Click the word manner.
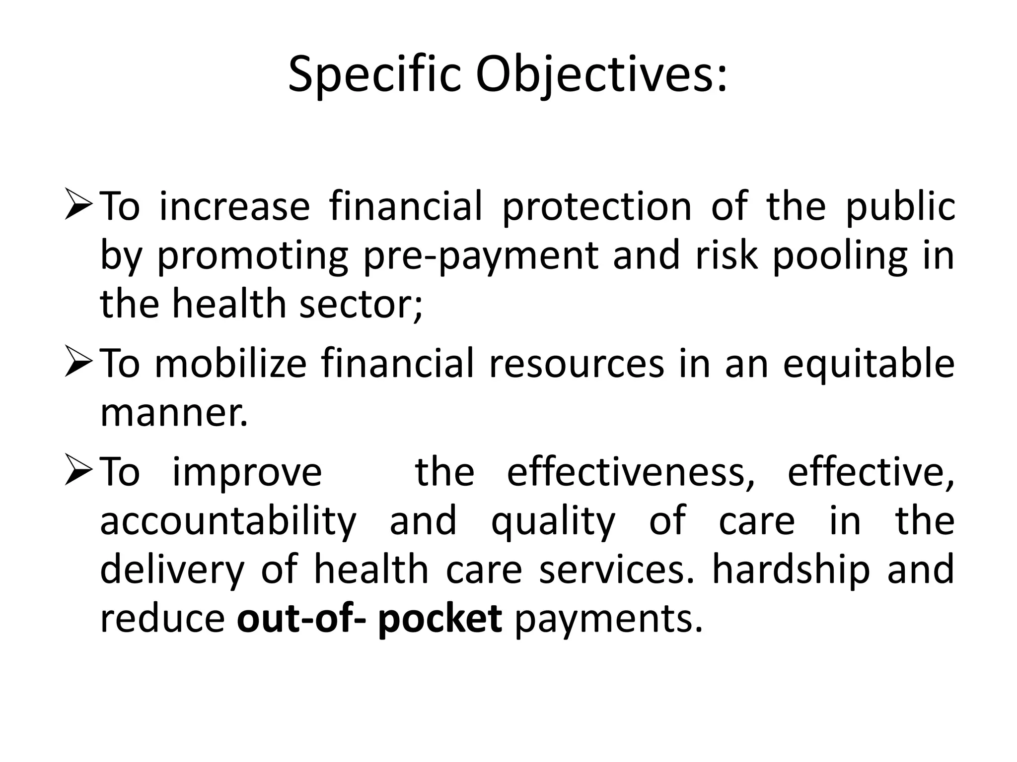174,413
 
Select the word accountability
228,522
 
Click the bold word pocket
439,620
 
